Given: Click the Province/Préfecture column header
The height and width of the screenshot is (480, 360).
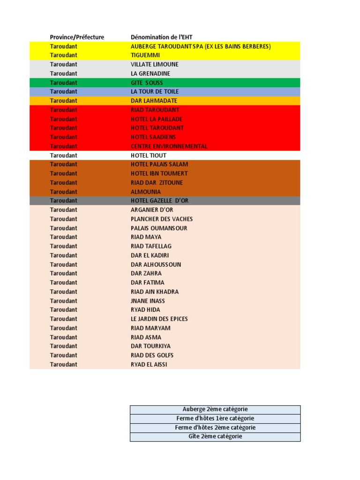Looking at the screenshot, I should tap(77, 37).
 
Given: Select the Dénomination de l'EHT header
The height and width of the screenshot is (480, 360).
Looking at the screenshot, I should tap(161, 37).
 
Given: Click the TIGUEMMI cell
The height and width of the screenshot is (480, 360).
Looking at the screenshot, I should tap(145, 55).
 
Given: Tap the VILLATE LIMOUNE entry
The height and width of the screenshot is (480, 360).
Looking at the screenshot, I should tap(155, 64).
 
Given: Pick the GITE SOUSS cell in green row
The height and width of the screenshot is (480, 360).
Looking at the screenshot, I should tap(147, 82).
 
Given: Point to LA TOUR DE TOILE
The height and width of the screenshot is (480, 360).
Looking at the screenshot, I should tap(155, 91).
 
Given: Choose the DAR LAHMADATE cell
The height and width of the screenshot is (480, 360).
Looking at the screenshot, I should tap(154, 101).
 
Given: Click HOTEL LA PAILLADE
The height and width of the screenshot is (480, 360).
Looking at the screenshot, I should tap(157, 119).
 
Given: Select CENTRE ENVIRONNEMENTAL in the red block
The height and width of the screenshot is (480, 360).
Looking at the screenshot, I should tap(169, 146).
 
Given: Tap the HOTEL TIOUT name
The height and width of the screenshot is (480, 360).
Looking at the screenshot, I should tap(149, 155).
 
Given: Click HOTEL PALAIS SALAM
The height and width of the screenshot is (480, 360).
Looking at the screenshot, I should tap(159, 165).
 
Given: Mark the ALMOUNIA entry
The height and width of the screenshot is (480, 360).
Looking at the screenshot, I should tap(146, 192).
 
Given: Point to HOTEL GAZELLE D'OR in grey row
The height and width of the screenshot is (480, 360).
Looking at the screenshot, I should tap(159, 201).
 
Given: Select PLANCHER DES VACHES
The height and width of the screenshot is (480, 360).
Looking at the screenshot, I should tap(162, 219).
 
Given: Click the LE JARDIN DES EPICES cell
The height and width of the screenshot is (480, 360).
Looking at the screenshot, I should tap(159, 319).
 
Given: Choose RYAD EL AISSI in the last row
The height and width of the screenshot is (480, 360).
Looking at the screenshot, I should tap(149, 364).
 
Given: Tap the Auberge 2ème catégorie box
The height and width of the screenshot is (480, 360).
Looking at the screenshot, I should tap(215, 409).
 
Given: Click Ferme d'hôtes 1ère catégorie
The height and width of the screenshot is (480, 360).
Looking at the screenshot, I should tap(215, 419).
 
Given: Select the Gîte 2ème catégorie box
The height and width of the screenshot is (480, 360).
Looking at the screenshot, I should tap(215, 436).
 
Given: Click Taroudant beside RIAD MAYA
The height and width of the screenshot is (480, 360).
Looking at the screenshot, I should tap(64, 237).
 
